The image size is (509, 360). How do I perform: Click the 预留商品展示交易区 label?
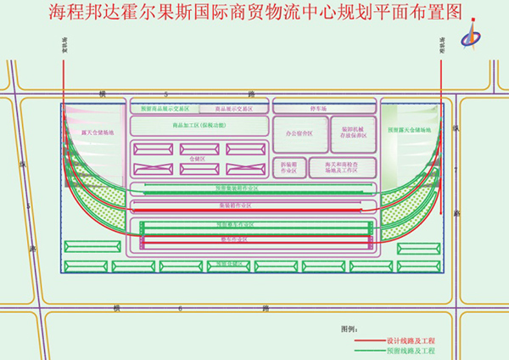point(165,110)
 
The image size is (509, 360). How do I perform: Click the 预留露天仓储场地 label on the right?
point(410,131)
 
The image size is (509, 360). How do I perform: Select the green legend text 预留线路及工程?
point(411,350)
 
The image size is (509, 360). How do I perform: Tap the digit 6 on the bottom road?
point(181,307)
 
